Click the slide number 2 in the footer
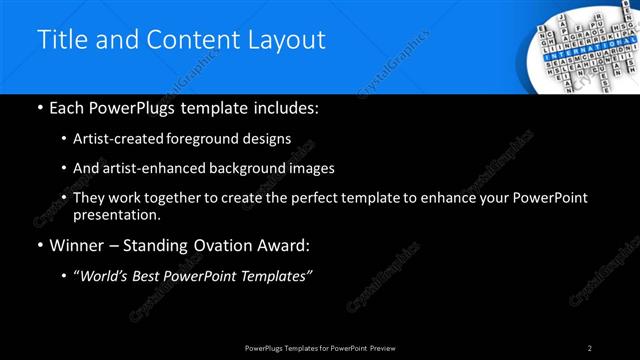[590, 347]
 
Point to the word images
[310, 168]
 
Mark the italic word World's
[104, 275]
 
